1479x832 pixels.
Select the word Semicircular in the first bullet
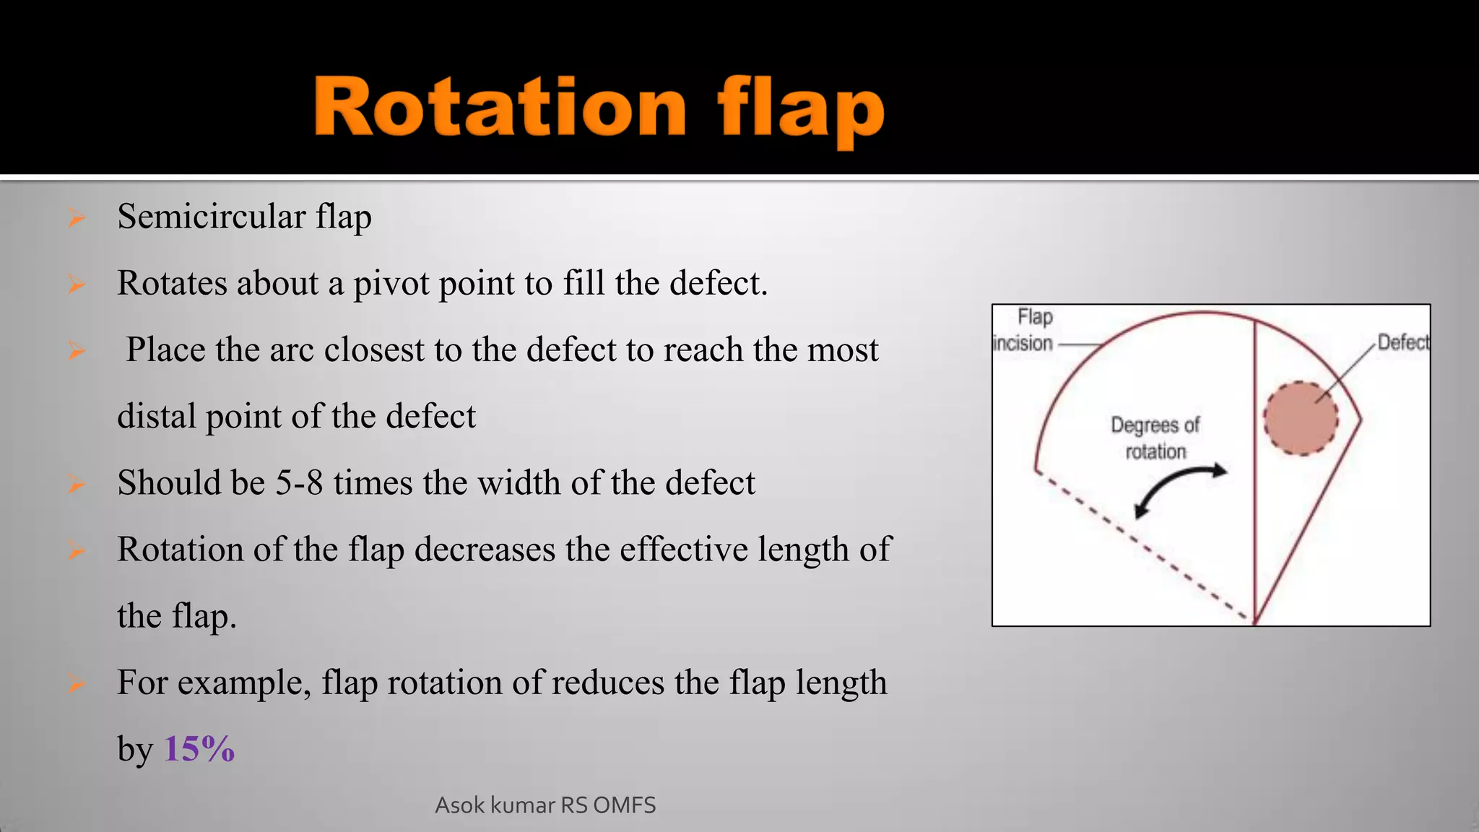212,217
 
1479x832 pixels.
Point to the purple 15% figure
199,748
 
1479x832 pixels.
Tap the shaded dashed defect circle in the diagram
1301,419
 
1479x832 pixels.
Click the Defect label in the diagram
1402,342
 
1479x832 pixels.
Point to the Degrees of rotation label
1155,438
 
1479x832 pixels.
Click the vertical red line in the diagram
1254,469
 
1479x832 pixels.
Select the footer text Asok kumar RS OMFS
545,805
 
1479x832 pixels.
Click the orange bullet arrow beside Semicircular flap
76,217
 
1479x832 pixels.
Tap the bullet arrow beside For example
76,683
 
